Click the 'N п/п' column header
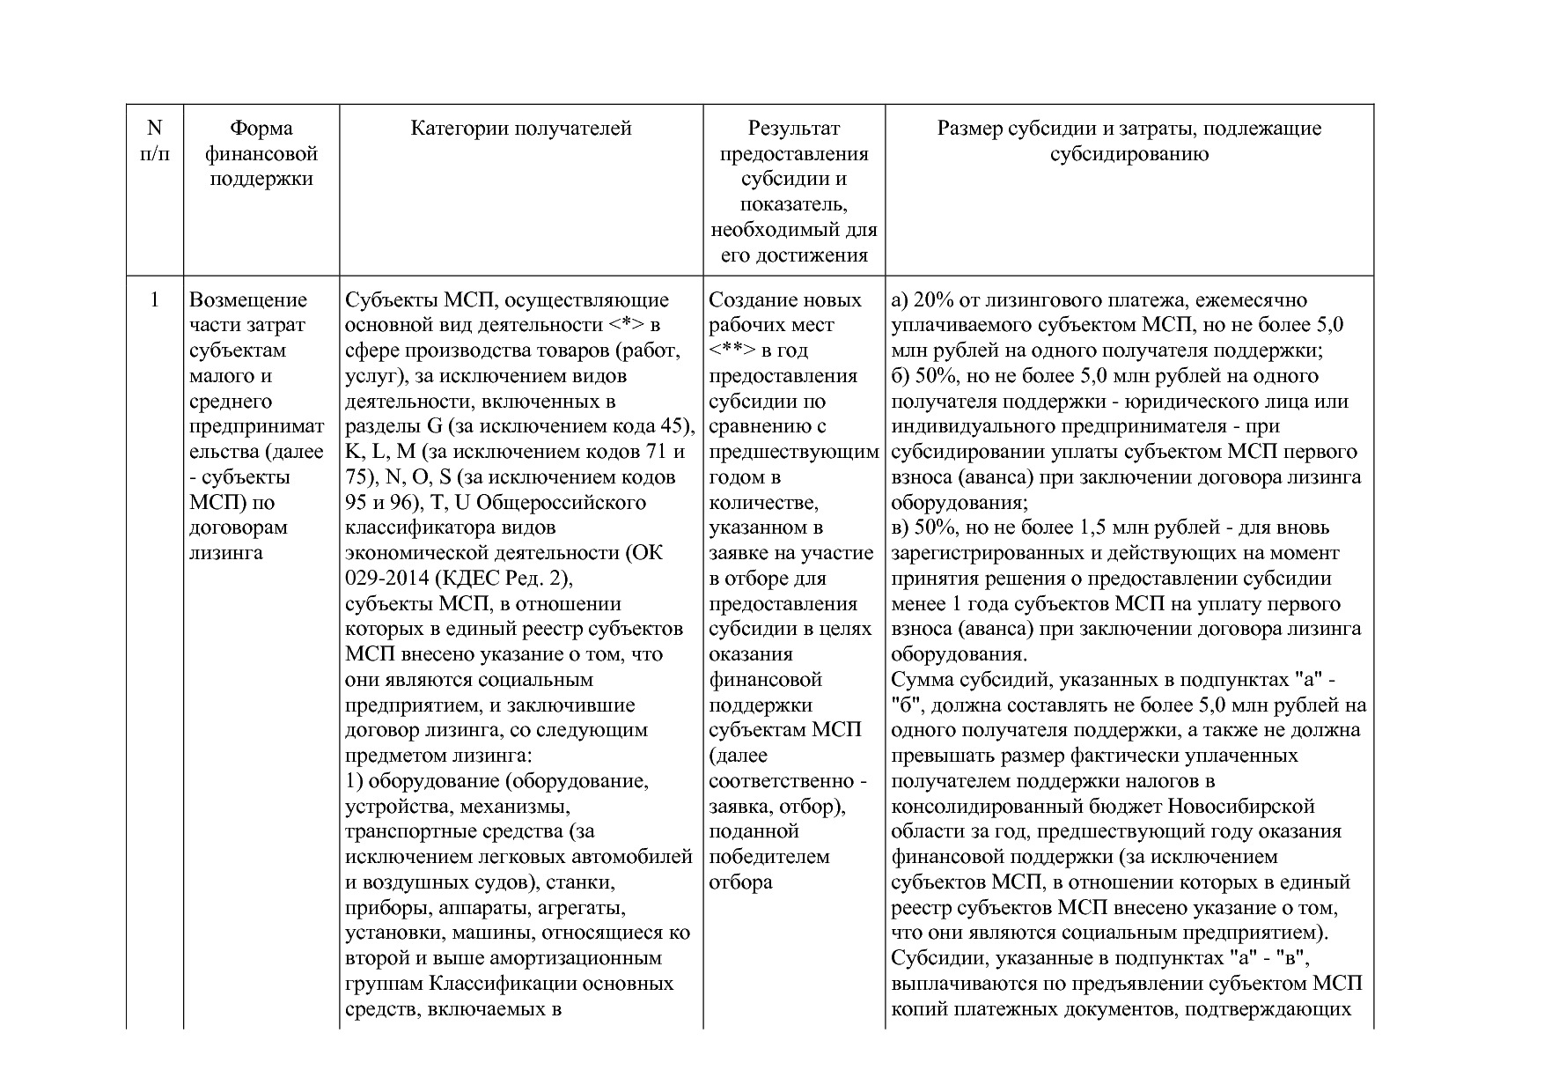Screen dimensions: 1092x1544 pyautogui.click(x=155, y=141)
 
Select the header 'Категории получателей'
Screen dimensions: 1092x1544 pyautogui.click(x=521, y=129)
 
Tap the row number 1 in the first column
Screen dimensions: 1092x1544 pyautogui.click(x=155, y=299)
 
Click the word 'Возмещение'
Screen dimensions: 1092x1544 pyautogui.click(x=248, y=299)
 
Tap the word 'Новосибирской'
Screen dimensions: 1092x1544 pyautogui.click(x=1242, y=807)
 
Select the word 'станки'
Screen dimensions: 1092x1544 pyautogui.click(x=581, y=882)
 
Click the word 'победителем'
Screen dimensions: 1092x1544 pyautogui.click(x=769, y=857)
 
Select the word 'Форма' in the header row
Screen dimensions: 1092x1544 pyautogui.click(x=261, y=129)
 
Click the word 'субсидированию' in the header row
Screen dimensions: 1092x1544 pyautogui.click(x=1129, y=154)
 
